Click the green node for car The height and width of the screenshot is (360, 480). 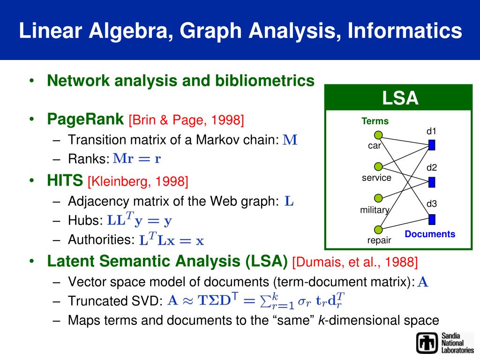point(379,135)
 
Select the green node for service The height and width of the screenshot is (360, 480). point(379,166)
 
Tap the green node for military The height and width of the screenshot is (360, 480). point(379,198)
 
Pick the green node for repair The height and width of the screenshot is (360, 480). point(379,229)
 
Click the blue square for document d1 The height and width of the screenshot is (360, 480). point(432,145)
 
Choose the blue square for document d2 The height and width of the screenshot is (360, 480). point(432,182)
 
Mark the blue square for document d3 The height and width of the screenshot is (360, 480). point(432,219)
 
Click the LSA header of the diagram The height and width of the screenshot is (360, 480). point(399,99)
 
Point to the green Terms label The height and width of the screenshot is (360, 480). point(375,121)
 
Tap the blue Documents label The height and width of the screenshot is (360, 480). point(430,234)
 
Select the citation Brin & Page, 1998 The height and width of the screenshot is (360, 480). point(186,120)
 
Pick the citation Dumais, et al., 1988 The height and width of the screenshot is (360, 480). point(354,262)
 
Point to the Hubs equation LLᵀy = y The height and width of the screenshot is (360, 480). point(140,219)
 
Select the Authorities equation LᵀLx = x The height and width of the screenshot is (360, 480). point(172,240)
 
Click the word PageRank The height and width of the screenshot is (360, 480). point(86,120)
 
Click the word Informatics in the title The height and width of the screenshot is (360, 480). point(398,31)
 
